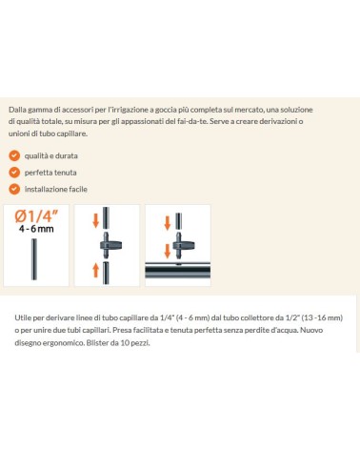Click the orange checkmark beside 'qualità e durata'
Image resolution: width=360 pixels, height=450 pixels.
pyautogui.click(x=14, y=155)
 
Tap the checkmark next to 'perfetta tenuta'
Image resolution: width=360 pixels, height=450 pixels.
pyautogui.click(x=14, y=173)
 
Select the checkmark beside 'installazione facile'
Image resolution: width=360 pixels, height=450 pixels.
pyautogui.click(x=14, y=189)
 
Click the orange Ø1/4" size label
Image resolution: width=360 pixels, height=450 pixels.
pyautogui.click(x=36, y=216)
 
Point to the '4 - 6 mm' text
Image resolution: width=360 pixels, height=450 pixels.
pyautogui.click(x=36, y=229)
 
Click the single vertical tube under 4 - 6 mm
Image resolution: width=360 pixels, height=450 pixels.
pyautogui.click(x=34, y=259)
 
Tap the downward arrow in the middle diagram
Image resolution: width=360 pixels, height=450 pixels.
pyautogui.click(x=95, y=220)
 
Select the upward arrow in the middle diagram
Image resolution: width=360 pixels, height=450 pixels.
pyautogui.click(x=95, y=270)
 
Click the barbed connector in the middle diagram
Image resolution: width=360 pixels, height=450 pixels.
pyautogui.click(x=110, y=245)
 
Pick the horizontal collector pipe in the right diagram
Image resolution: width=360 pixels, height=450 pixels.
pyautogui.click(x=177, y=271)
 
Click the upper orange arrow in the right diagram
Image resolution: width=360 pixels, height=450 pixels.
pyautogui.click(x=168, y=223)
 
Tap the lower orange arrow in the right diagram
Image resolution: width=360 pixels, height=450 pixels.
pyautogui.click(x=168, y=251)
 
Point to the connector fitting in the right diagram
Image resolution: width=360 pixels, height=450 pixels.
pyautogui.click(x=183, y=246)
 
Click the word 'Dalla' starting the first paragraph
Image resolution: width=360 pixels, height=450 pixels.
pyautogui.click(x=17, y=110)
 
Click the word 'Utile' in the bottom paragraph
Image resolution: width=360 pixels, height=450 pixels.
pyautogui.click(x=21, y=317)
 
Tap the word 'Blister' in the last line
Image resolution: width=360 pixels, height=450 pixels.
pyautogui.click(x=95, y=343)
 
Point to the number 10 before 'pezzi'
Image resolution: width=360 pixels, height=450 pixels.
pyautogui.click(x=125, y=343)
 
